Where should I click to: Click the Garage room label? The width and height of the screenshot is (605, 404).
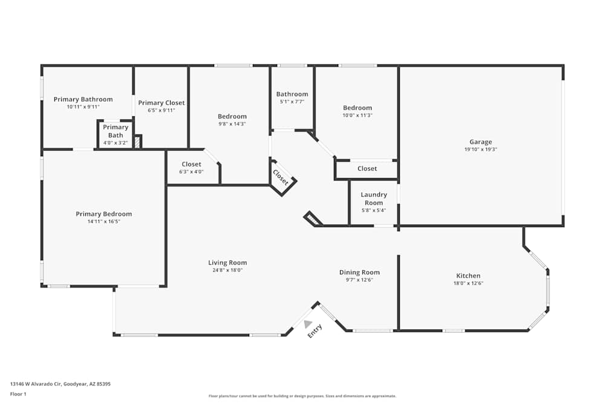[x=480, y=142]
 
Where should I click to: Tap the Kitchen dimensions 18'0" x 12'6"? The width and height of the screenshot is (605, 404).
[x=468, y=283]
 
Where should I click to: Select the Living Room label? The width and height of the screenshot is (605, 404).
[x=227, y=263]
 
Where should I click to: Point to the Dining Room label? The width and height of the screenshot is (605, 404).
[x=359, y=273]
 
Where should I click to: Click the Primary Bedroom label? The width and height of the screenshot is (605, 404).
[x=103, y=214]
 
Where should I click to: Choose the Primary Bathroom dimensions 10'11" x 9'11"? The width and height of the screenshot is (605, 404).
[x=83, y=107]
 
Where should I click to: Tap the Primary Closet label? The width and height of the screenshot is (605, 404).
[x=162, y=103]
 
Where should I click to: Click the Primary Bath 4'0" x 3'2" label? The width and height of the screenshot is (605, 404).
[x=116, y=135]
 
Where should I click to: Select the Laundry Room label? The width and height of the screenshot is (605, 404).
[x=374, y=199]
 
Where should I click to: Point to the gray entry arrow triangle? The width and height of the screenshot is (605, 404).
[x=309, y=324]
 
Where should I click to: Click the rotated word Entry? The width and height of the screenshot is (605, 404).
[x=315, y=331]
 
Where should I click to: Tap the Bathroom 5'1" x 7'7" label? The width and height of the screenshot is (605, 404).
[x=292, y=98]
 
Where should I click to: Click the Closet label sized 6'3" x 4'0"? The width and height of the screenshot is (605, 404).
[x=191, y=168]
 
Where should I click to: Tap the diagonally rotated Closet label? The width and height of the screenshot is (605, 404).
[x=281, y=177]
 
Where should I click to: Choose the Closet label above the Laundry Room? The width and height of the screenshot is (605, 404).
[x=367, y=168]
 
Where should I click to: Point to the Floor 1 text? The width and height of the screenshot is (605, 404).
[x=18, y=394]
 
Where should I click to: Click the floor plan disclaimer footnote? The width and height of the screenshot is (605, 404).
[x=302, y=396]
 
